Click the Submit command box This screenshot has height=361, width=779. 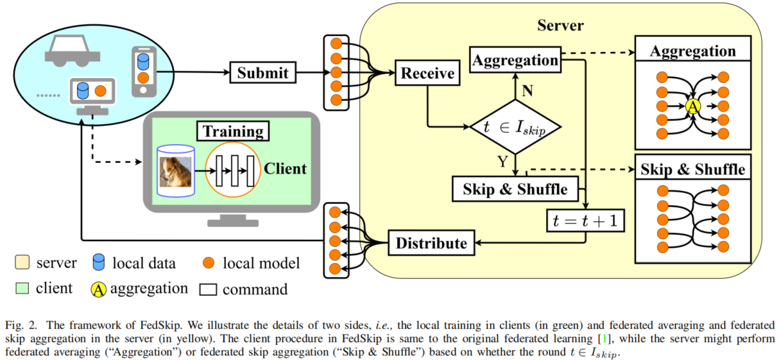coord(263,72)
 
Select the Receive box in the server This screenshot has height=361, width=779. coord(427,73)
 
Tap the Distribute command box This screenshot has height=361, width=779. coord(431,243)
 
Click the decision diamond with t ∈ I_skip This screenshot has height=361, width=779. coord(516,127)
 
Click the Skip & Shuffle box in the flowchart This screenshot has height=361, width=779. coord(515,189)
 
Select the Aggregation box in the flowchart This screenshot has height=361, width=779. coord(515,60)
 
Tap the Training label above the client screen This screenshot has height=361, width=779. coord(233,132)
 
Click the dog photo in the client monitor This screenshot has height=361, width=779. coord(176,171)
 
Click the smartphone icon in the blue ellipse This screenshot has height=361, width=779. coord(144,71)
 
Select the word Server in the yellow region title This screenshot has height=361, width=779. coord(560,26)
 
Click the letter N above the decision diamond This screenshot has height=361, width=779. coord(527,90)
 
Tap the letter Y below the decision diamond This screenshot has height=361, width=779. coord(502,162)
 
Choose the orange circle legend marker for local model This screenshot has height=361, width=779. coord(209,263)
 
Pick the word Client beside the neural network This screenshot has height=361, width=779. coord(285,169)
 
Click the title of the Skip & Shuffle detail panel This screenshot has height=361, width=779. coord(693,169)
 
